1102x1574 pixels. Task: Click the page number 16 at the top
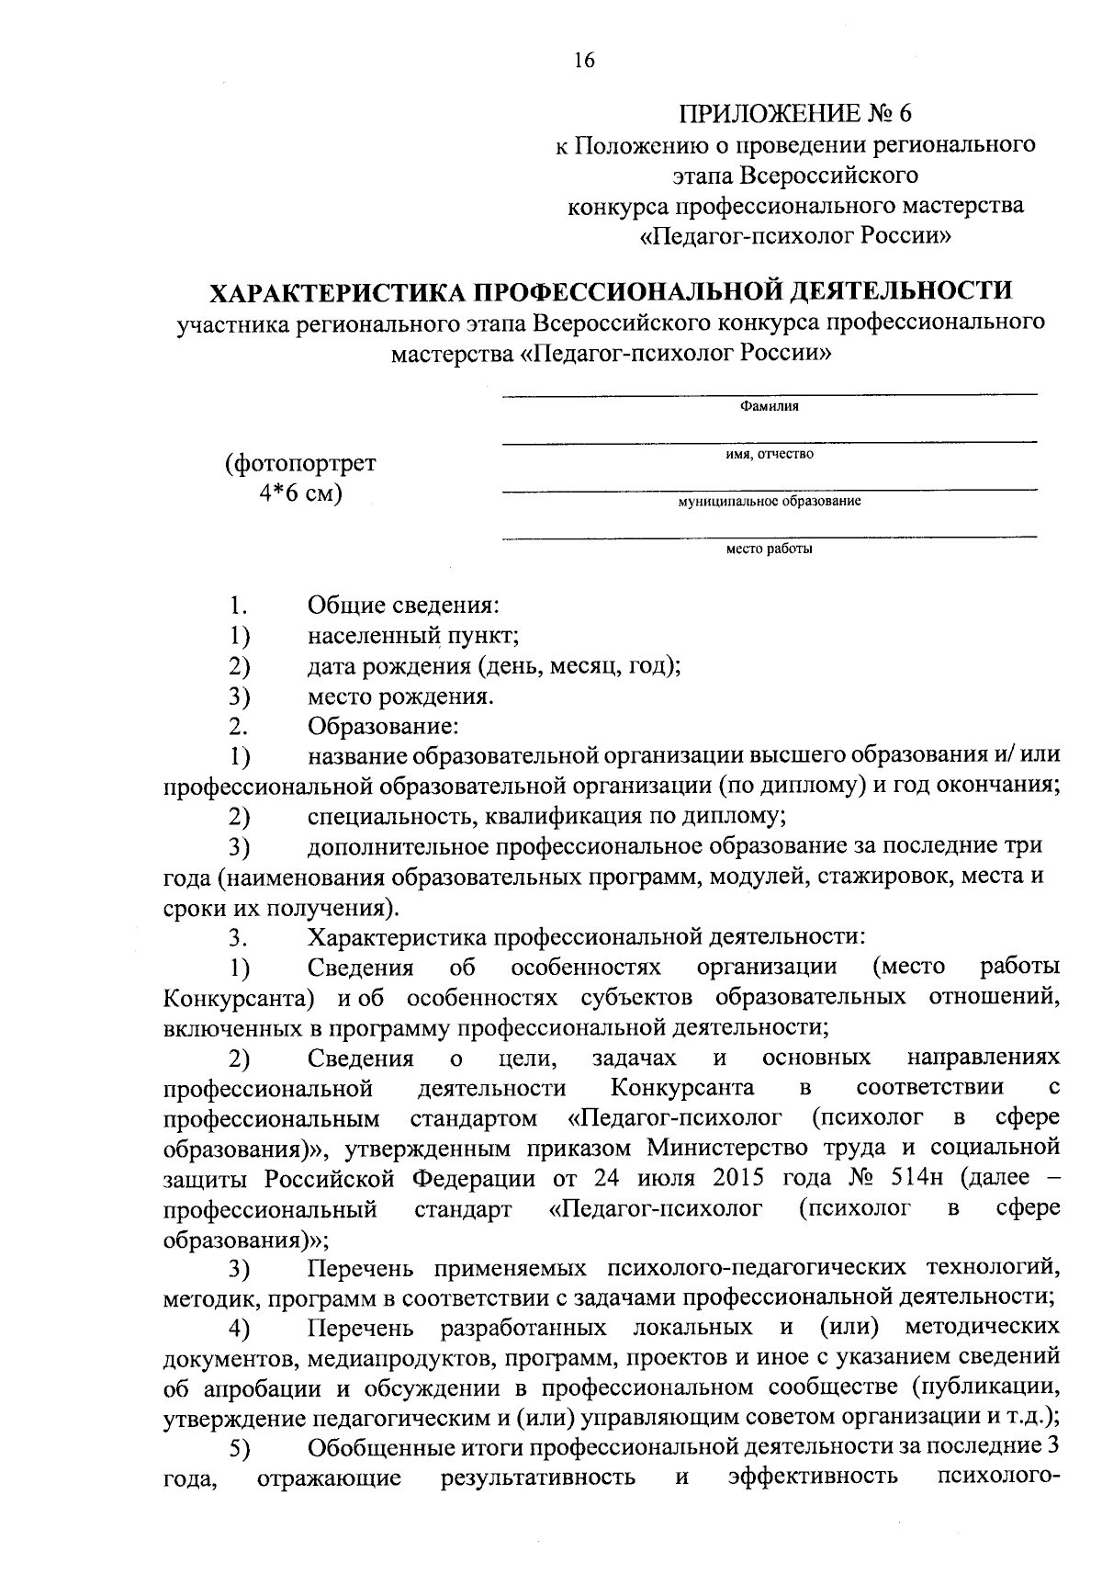click(x=583, y=60)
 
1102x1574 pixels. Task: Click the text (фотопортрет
click(x=300, y=463)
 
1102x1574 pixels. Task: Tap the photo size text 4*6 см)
click(x=300, y=493)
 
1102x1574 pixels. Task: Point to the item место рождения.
click(x=401, y=696)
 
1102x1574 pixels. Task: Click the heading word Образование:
click(x=383, y=727)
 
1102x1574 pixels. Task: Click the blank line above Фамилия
click(x=769, y=394)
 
